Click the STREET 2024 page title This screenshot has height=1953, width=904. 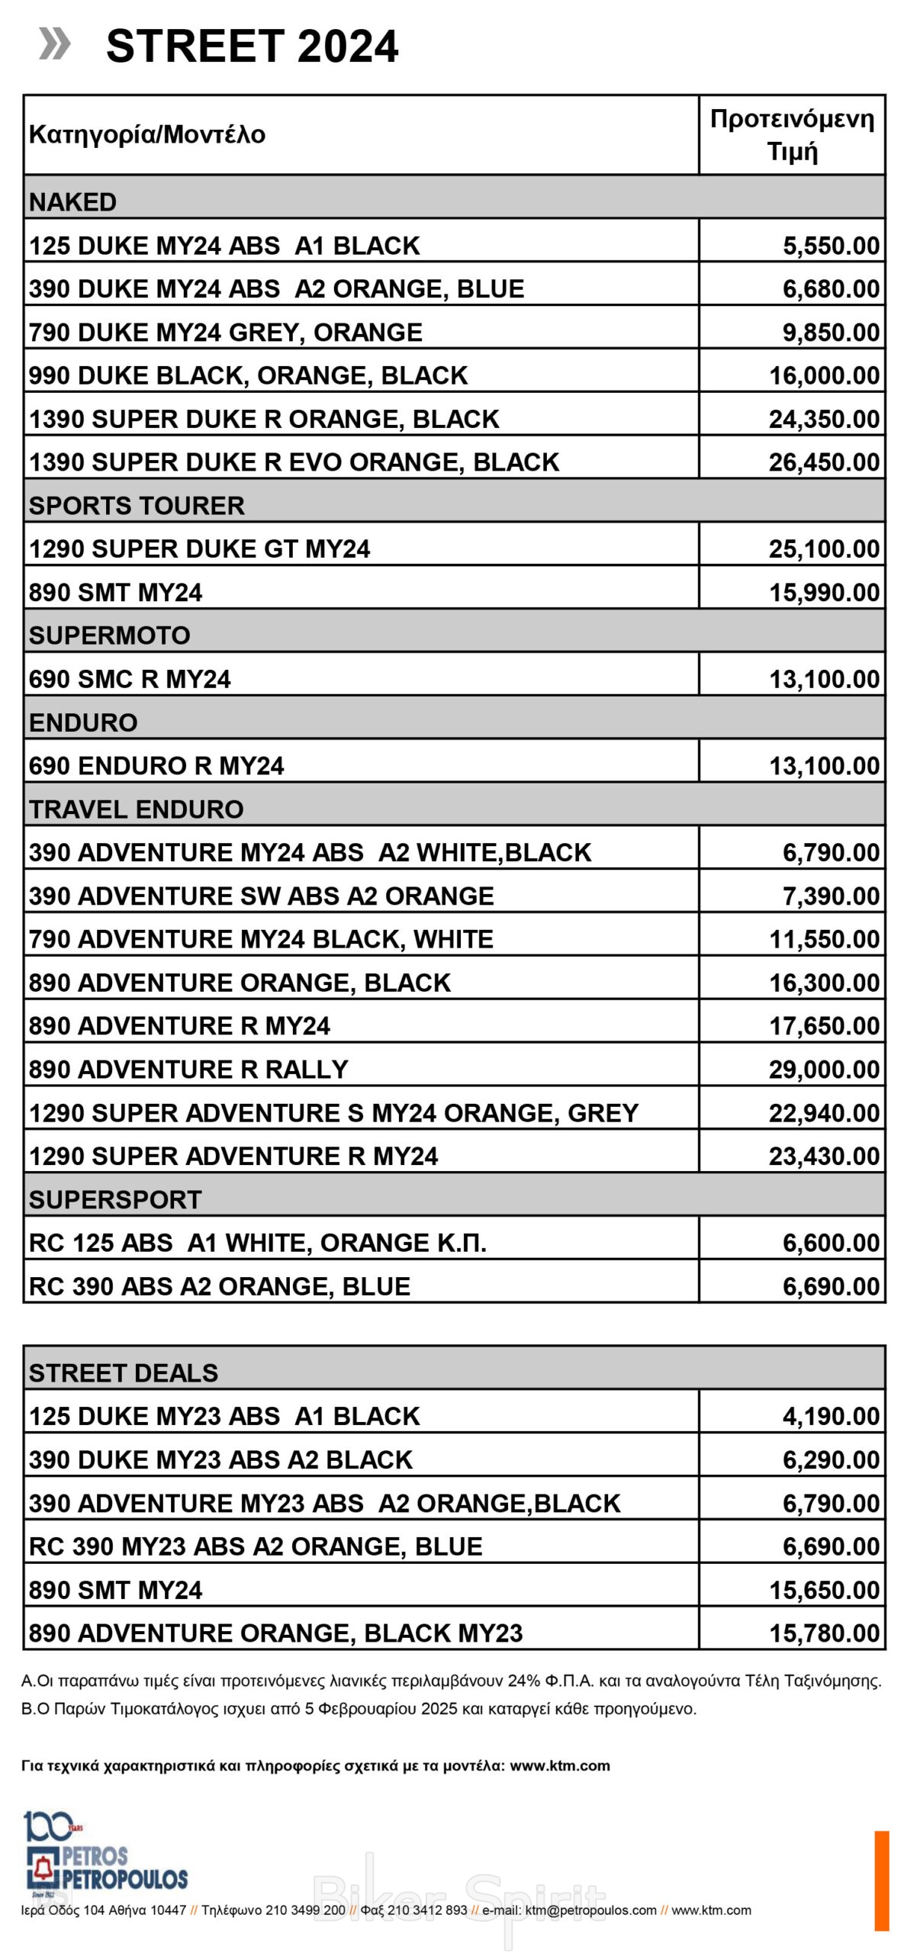pyautogui.click(x=252, y=47)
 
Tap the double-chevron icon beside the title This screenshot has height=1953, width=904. pyautogui.click(x=54, y=43)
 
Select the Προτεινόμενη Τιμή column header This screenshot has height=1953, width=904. pyautogui.click(x=791, y=135)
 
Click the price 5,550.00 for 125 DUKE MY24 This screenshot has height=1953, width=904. pyautogui.click(x=830, y=246)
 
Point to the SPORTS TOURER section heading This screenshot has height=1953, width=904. pyautogui.click(x=137, y=505)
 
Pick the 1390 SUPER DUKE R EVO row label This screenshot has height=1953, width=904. pyautogui.click(x=294, y=462)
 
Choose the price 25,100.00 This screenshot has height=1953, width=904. pyautogui.click(x=823, y=549)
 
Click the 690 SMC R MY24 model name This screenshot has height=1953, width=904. pyautogui.click(x=130, y=679)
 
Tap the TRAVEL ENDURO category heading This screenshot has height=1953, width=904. pyautogui.click(x=136, y=809)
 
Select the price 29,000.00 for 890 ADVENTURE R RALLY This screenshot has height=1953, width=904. pyautogui.click(x=823, y=1070)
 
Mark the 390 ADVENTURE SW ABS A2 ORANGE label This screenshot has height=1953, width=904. pyautogui.click(x=261, y=896)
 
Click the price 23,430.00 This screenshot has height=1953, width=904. pyautogui.click(x=823, y=1157)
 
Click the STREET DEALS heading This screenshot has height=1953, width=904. pyautogui.click(x=124, y=1373)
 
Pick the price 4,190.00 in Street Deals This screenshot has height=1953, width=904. pyautogui.click(x=830, y=1417)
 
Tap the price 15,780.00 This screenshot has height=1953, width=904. pyautogui.click(x=823, y=1633)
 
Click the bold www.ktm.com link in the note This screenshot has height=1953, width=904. pyautogui.click(x=559, y=1765)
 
